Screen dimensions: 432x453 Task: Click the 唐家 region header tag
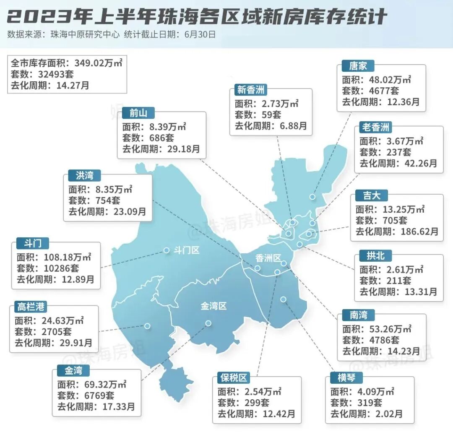[357, 66]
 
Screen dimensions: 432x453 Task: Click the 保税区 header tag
[234, 377]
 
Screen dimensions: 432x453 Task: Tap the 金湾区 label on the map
[213, 306]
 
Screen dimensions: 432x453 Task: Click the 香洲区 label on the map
[268, 258]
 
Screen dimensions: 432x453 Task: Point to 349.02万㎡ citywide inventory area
[99, 63]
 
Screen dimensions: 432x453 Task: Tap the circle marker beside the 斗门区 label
[166, 250]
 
